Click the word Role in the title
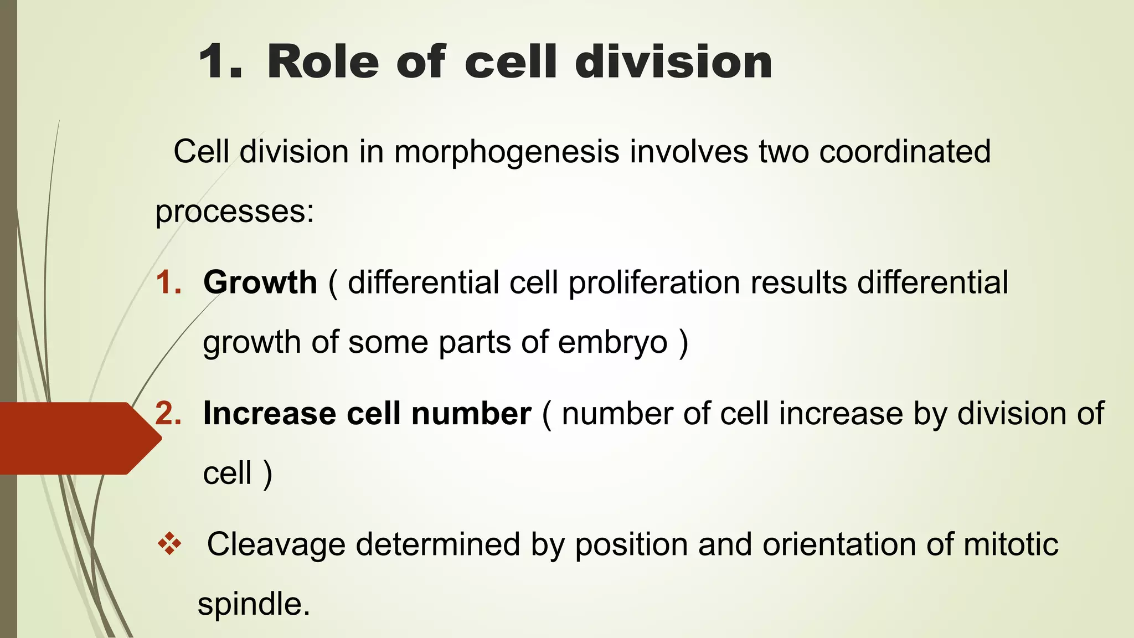(323, 62)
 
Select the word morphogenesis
(506, 152)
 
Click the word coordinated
(904, 152)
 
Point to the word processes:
(235, 212)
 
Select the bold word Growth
(260, 282)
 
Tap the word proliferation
(654, 282)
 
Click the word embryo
(612, 343)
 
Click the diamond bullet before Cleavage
(169, 544)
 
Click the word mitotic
(1011, 544)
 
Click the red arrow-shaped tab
(78, 438)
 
